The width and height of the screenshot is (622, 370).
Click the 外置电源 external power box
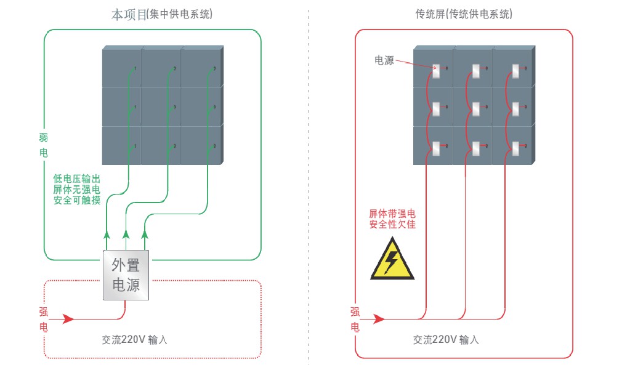coord(126,275)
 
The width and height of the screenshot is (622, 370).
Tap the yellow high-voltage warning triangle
coord(391,261)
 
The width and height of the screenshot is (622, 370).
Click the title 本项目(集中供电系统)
coord(162,15)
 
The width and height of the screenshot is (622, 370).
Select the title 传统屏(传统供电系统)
coord(464,15)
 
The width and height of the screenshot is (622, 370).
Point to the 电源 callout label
coord(384,60)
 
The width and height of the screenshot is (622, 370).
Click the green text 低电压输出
coord(76,179)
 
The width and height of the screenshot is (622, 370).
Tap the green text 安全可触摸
coord(76,200)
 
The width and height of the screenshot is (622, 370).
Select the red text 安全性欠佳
coord(392,225)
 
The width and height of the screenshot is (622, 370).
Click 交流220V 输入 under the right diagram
coord(446,339)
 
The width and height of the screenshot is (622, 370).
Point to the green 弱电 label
coord(43,143)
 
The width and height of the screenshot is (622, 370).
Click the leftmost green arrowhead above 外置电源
coord(107,234)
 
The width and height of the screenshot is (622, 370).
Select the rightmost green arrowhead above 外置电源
coord(145,234)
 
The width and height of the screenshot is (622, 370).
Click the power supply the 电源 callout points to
coord(437,71)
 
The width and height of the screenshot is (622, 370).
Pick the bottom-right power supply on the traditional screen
coord(515,148)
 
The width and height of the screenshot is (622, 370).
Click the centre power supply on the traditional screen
coord(476,110)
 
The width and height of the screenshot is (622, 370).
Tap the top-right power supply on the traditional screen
coord(515,71)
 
